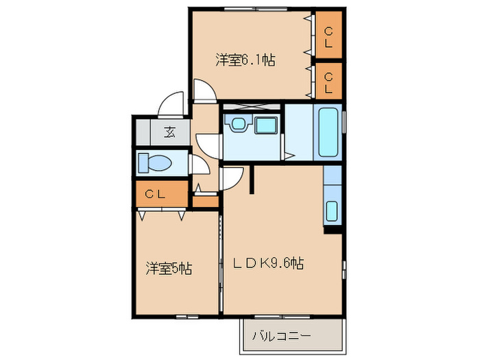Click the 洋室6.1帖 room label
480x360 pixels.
point(245,60)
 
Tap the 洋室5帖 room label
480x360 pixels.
point(167,267)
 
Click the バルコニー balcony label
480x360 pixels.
point(281,336)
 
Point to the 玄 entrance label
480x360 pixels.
point(169,132)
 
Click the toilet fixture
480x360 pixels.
point(154,163)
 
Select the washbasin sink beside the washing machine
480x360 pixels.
point(239,124)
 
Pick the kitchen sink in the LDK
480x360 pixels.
point(332,212)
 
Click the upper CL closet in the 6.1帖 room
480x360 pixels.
point(328,37)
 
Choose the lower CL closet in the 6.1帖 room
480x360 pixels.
point(328,82)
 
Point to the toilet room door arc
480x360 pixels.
point(198,166)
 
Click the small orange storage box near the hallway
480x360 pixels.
point(204,202)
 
